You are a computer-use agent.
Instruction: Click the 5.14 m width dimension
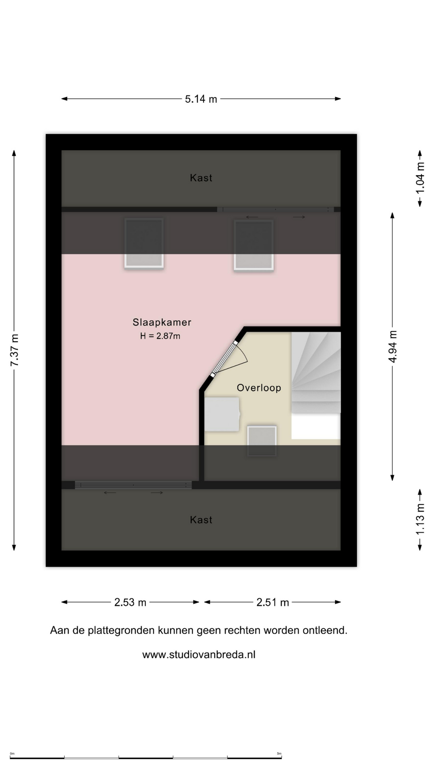point(201,99)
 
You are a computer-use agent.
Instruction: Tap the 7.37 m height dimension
point(14,350)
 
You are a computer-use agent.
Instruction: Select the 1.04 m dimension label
point(420,178)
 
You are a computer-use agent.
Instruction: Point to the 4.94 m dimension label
point(393,347)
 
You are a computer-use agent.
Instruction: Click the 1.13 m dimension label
point(420,519)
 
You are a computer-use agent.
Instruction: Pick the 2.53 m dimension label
point(130,602)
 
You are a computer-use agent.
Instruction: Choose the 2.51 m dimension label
point(273,602)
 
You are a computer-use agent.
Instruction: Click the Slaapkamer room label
point(162,322)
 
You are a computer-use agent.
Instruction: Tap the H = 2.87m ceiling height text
point(160,336)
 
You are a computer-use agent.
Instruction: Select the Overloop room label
point(259,388)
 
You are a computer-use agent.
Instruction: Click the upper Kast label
point(201,178)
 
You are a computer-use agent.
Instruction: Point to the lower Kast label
point(201,520)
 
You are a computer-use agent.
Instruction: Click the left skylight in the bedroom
point(144,243)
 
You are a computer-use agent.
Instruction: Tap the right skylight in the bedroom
point(254,245)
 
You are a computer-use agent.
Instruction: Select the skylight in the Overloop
point(262,441)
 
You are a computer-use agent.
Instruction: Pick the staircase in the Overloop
point(316,373)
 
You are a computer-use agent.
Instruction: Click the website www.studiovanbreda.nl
point(199,655)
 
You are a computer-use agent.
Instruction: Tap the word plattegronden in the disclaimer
point(121,631)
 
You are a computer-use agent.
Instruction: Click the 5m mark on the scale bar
point(279,754)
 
